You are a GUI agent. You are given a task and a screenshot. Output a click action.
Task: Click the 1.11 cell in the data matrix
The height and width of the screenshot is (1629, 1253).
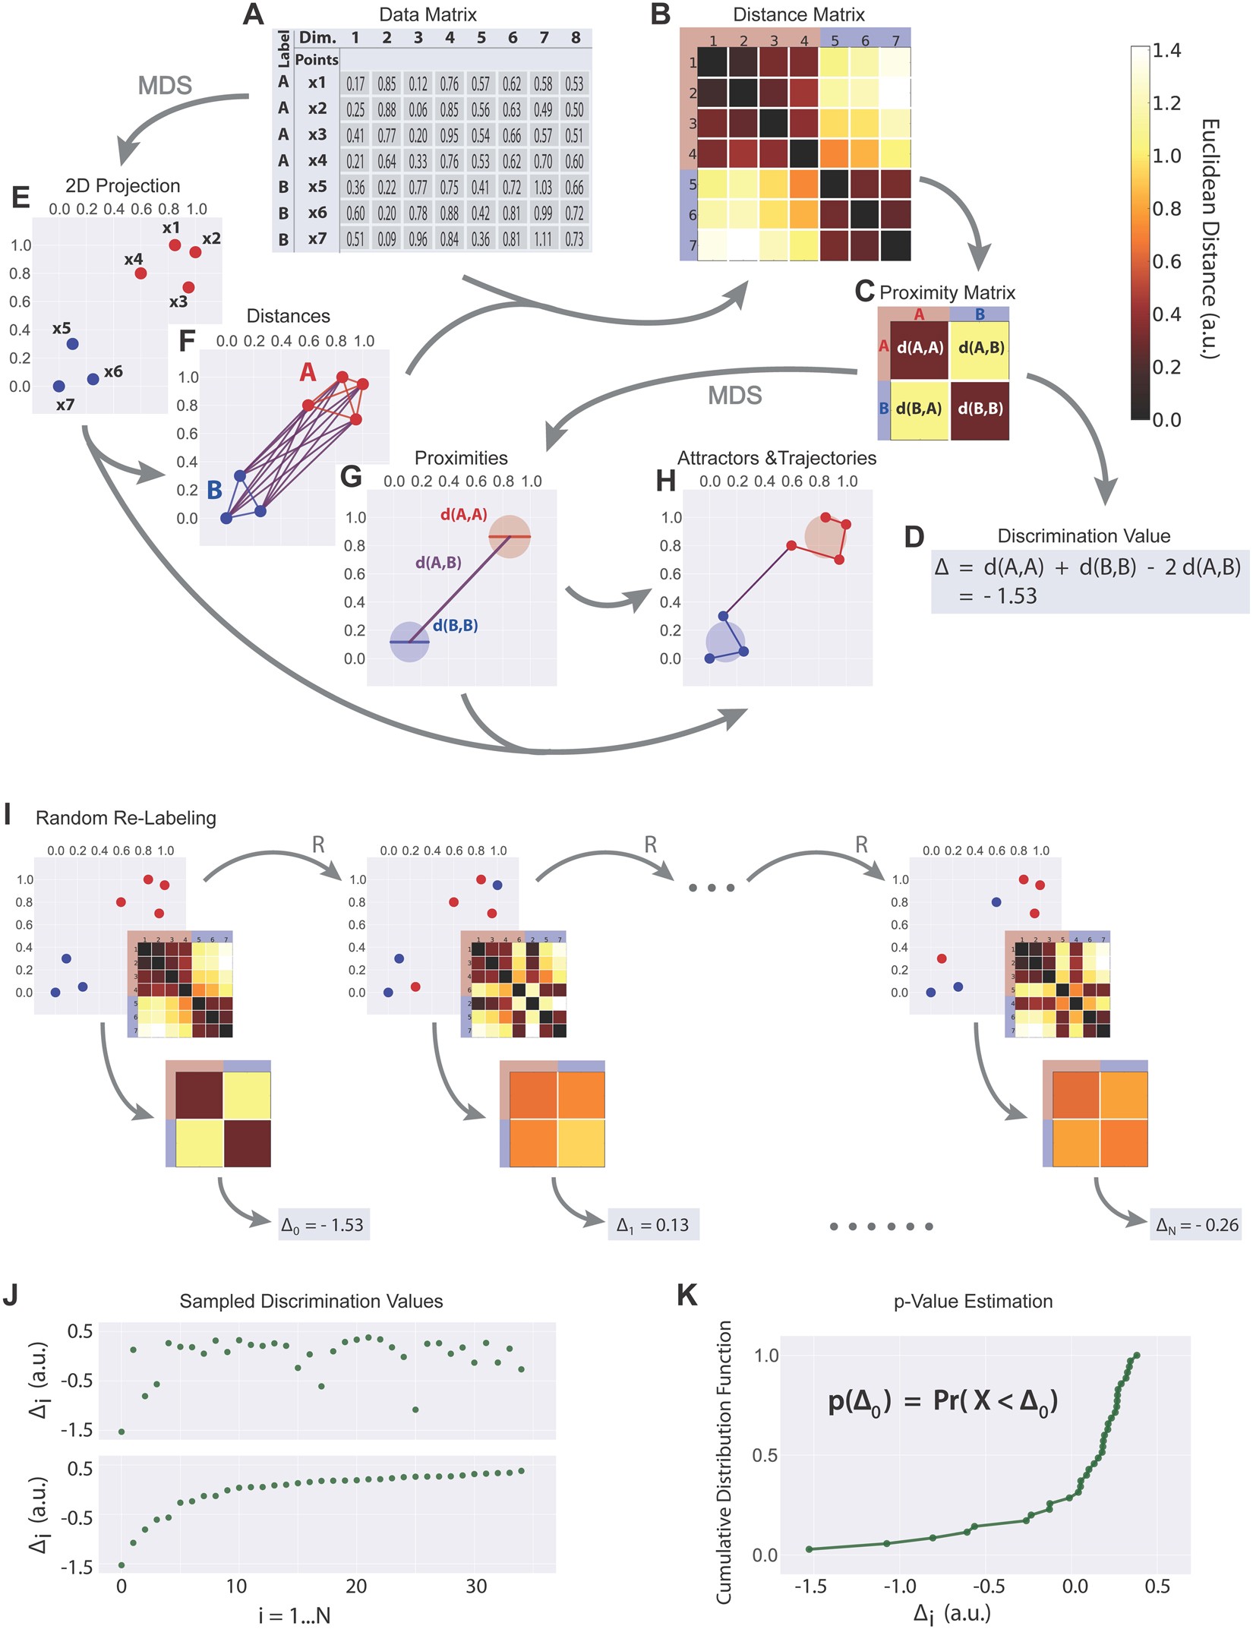(x=543, y=239)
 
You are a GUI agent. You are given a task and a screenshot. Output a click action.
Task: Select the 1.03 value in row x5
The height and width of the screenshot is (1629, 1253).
(x=543, y=187)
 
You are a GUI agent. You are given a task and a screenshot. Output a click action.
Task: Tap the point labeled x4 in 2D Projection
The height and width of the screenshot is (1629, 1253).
(x=140, y=273)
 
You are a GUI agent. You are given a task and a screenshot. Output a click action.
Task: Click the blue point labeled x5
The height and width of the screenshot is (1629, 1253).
(x=72, y=344)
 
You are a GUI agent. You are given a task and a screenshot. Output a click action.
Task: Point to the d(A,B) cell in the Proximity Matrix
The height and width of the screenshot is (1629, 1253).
(x=980, y=349)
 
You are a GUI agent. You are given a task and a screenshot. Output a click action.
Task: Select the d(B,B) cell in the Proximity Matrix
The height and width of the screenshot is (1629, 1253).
(x=980, y=409)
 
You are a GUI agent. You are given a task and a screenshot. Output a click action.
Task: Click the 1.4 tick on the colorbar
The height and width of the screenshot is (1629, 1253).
(x=1166, y=52)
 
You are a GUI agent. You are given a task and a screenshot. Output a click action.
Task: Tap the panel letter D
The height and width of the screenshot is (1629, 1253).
(x=914, y=537)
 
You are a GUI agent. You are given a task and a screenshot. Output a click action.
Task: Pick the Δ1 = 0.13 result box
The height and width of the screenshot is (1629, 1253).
(x=653, y=1225)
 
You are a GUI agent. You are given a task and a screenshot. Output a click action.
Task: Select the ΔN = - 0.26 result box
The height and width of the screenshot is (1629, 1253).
(x=1197, y=1225)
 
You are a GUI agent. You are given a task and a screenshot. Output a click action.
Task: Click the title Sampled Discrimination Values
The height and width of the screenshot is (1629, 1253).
(x=311, y=1301)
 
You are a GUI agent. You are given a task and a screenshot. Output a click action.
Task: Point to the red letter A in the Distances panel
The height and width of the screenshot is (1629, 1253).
(x=308, y=372)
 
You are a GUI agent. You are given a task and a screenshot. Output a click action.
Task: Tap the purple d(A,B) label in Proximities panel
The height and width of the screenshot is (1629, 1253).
(x=438, y=563)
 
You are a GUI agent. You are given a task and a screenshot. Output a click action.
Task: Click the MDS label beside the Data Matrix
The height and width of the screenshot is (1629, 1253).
(x=165, y=86)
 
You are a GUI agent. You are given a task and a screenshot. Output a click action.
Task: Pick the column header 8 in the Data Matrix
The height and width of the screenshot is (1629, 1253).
(x=576, y=38)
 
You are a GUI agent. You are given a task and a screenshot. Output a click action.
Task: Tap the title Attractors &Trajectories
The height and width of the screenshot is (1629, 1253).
(x=777, y=458)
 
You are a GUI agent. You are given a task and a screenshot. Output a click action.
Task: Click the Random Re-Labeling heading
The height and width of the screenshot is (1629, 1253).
(x=126, y=818)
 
